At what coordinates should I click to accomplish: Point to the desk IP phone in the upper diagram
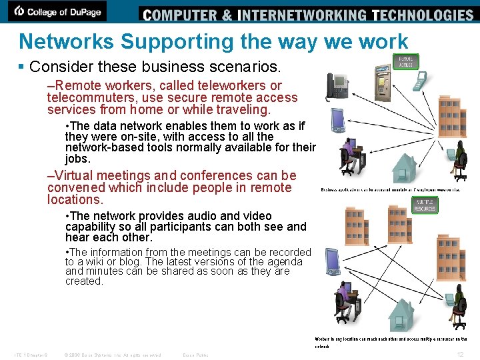click(x=337, y=86)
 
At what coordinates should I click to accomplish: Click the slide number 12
click(x=460, y=354)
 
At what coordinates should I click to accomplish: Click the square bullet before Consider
click(x=23, y=67)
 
